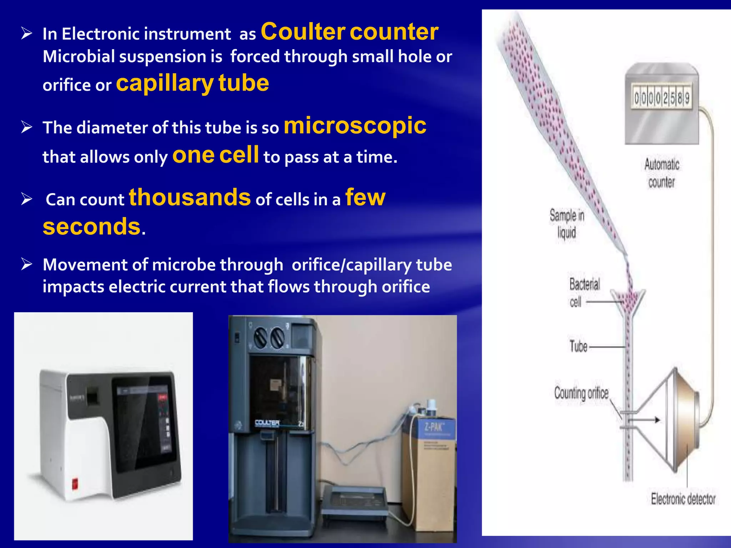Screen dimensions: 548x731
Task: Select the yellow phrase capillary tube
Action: [x=192, y=83]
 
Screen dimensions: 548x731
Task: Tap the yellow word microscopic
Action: [x=355, y=126]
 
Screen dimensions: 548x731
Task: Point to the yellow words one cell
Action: [x=216, y=155]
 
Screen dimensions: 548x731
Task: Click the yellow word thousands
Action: [x=190, y=197]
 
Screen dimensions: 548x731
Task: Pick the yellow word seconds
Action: [x=92, y=227]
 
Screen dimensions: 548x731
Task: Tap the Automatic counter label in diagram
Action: [x=661, y=173]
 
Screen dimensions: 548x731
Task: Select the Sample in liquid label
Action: [x=566, y=224]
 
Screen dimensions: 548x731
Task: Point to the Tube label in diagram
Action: [x=578, y=346]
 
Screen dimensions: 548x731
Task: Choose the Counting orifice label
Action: [x=581, y=393]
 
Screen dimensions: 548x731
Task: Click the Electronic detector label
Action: [x=683, y=499]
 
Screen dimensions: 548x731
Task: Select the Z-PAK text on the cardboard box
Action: [x=434, y=427]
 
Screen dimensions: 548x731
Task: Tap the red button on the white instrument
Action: [x=76, y=484]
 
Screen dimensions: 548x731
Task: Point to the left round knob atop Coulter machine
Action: [x=260, y=338]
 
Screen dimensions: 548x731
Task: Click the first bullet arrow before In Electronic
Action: [x=27, y=34]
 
